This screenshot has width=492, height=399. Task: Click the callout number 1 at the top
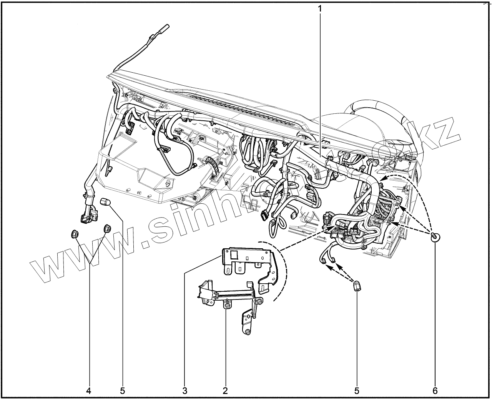tap(319, 8)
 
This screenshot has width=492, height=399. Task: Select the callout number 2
tap(225, 391)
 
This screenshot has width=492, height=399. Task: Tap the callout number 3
tap(185, 391)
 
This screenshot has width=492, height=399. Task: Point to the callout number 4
tap(89, 391)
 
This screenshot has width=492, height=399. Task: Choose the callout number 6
tap(435, 391)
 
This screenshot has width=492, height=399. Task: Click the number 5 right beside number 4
tap(123, 391)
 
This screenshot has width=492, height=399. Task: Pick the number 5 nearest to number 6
tap(356, 391)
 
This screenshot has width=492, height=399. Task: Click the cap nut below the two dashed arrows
tap(357, 286)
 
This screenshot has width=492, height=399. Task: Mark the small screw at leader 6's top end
tap(435, 236)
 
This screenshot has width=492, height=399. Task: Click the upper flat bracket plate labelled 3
tap(246, 261)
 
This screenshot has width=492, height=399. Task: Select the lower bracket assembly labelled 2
tap(231, 300)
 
